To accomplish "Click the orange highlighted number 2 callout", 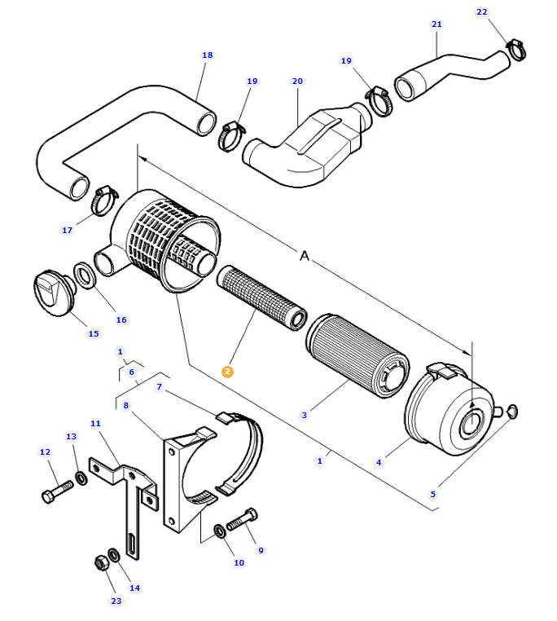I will [227, 372].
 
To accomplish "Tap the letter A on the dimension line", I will [305, 256].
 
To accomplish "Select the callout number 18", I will [207, 55].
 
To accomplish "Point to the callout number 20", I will [297, 81].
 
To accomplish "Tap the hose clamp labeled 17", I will [104, 198].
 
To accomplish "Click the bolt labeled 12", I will [55, 491].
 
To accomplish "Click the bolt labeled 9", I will [242, 519].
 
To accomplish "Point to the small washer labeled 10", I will [220, 532].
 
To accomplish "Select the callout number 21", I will [436, 24].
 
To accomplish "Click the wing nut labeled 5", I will [511, 410].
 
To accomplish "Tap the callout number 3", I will [305, 415].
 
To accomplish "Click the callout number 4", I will [379, 463].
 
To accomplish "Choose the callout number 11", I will [95, 424].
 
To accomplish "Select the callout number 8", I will [126, 405].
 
